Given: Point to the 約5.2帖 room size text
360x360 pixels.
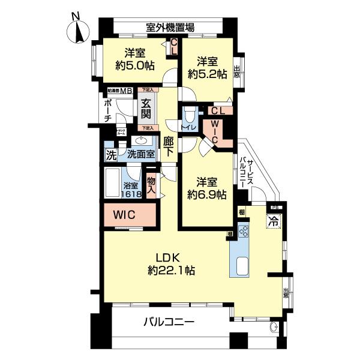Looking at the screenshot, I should coord(206,74).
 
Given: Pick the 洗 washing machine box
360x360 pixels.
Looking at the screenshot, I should coord(111,155).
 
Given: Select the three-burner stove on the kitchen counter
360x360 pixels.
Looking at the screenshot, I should coord(244,231).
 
